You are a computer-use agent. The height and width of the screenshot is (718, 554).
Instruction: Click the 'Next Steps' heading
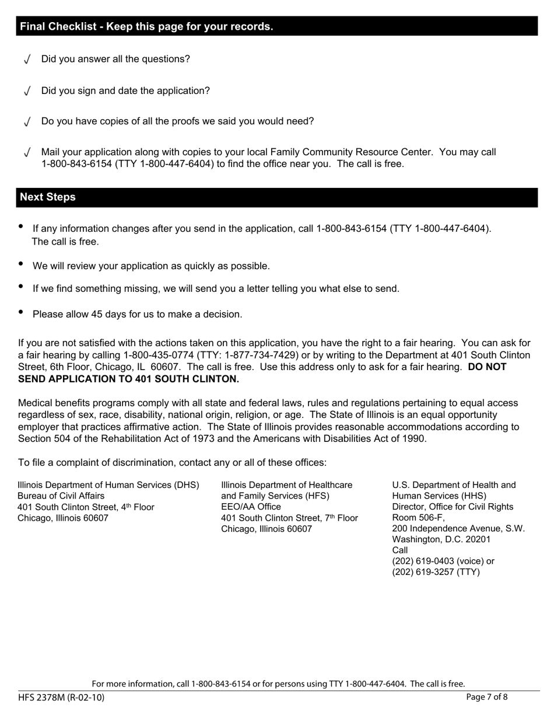pyautogui.click(x=48, y=197)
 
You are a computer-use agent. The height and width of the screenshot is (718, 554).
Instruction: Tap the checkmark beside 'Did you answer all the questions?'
pyautogui.click(x=27, y=60)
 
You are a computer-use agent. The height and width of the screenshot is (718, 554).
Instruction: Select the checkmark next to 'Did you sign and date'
pyautogui.click(x=27, y=92)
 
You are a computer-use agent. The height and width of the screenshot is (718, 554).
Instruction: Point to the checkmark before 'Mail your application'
pyautogui.click(x=27, y=153)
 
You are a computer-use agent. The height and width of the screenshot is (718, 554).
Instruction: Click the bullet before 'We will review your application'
pyautogui.click(x=22, y=264)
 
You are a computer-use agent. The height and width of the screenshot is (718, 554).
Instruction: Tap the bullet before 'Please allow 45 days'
pyautogui.click(x=22, y=312)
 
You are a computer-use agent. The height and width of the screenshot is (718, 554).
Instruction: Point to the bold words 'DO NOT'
pyautogui.click(x=487, y=367)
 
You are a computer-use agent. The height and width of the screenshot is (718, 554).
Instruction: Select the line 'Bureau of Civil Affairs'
pyautogui.click(x=61, y=496)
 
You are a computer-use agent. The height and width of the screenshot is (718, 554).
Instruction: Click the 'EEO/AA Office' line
pyautogui.click(x=251, y=507)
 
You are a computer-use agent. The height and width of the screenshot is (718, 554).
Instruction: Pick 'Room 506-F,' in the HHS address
pyautogui.click(x=418, y=518)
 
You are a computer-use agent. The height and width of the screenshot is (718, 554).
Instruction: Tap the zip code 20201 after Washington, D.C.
pyautogui.click(x=474, y=539)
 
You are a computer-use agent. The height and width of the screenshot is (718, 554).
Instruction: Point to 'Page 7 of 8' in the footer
pyautogui.click(x=487, y=697)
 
